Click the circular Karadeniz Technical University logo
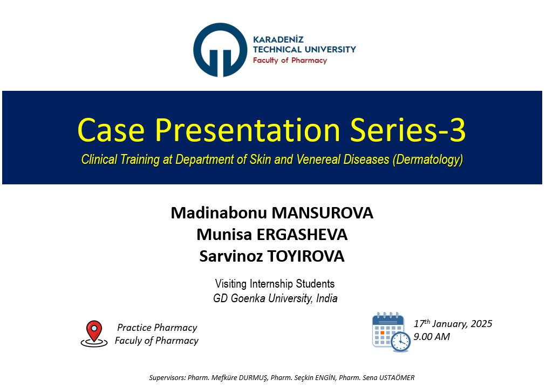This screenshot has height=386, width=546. (x=220, y=50)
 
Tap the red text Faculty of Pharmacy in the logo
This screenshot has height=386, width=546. (x=290, y=61)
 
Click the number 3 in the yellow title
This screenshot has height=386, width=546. (x=456, y=130)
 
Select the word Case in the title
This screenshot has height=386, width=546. (x=111, y=130)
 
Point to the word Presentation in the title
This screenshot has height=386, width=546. (x=248, y=130)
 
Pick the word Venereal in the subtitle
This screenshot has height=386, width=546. (x=318, y=159)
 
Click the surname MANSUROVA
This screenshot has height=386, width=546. (x=322, y=213)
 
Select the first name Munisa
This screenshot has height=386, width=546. (x=224, y=235)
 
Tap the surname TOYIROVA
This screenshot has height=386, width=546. (x=305, y=256)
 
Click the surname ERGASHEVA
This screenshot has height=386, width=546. (x=302, y=235)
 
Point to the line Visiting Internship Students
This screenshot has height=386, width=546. (x=275, y=283)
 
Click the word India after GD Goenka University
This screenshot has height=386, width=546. (x=326, y=298)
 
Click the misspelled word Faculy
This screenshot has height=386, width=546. (x=128, y=341)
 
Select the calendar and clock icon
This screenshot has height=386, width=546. (x=391, y=332)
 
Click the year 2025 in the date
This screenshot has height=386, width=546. (x=481, y=323)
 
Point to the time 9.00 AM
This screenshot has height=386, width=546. (x=432, y=336)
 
